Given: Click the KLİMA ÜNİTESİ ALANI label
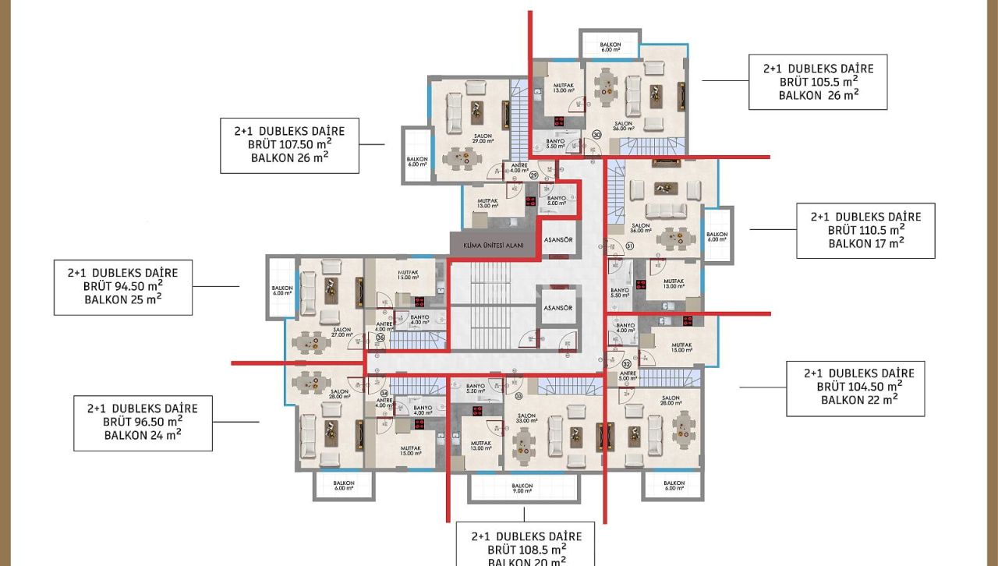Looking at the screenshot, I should click(x=493, y=245).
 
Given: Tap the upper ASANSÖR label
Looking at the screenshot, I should click(x=558, y=239).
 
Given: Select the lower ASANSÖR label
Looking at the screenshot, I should click(x=558, y=308).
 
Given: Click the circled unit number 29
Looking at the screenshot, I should click(x=534, y=175).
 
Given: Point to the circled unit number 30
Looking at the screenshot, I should click(x=596, y=135).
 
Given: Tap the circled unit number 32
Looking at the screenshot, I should click(x=627, y=364).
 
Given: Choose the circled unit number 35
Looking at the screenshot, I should click(x=380, y=338).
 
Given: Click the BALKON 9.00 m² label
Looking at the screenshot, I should click(x=522, y=489).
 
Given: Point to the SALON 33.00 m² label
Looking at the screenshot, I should click(x=526, y=419).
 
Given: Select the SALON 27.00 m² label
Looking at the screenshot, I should click(x=342, y=332).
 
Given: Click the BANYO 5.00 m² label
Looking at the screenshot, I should click(x=556, y=201).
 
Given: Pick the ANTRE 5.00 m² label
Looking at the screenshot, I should click(x=628, y=376).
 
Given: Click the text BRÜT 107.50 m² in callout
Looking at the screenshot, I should click(x=289, y=144).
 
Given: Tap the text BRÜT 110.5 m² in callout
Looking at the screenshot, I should click(x=865, y=230).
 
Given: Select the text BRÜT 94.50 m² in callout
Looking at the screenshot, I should click(x=122, y=286).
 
